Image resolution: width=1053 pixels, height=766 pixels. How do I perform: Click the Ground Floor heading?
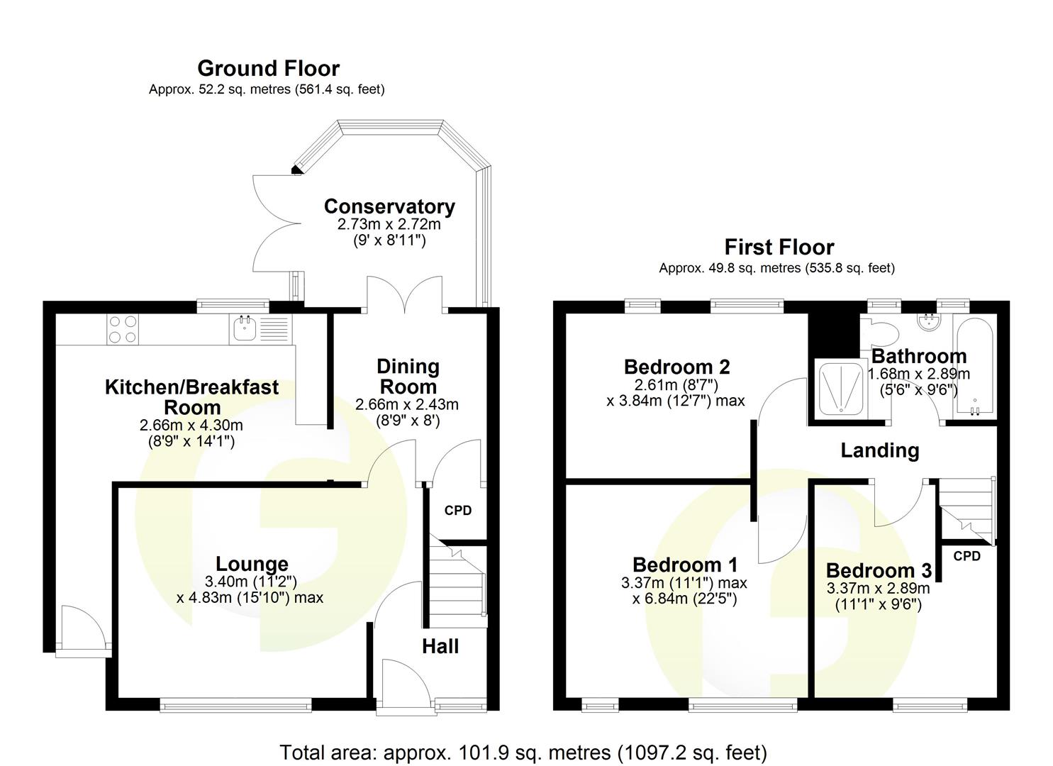[x=268, y=68]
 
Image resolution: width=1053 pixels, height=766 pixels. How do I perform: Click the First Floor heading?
[x=779, y=247]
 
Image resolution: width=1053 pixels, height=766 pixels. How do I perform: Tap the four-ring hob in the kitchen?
[x=122, y=329]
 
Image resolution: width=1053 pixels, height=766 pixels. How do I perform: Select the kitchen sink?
[x=246, y=328]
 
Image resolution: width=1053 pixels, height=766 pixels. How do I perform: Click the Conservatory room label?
[x=389, y=206]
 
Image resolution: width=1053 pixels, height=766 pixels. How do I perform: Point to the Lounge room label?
[x=252, y=564]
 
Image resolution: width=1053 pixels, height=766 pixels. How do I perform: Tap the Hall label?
[x=440, y=646]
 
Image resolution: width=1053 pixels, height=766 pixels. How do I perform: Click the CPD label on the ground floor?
[x=457, y=511]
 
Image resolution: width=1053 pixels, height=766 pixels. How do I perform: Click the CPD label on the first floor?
[x=966, y=556]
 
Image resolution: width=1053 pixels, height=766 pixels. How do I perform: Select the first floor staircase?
[x=966, y=507]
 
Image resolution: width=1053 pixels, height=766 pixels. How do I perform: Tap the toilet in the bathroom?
[x=880, y=333]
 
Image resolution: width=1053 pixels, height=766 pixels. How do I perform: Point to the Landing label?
[x=879, y=450]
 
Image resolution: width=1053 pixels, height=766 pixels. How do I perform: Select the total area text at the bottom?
[x=523, y=752]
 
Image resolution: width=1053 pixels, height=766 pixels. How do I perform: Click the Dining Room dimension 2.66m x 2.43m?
[x=407, y=404]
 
